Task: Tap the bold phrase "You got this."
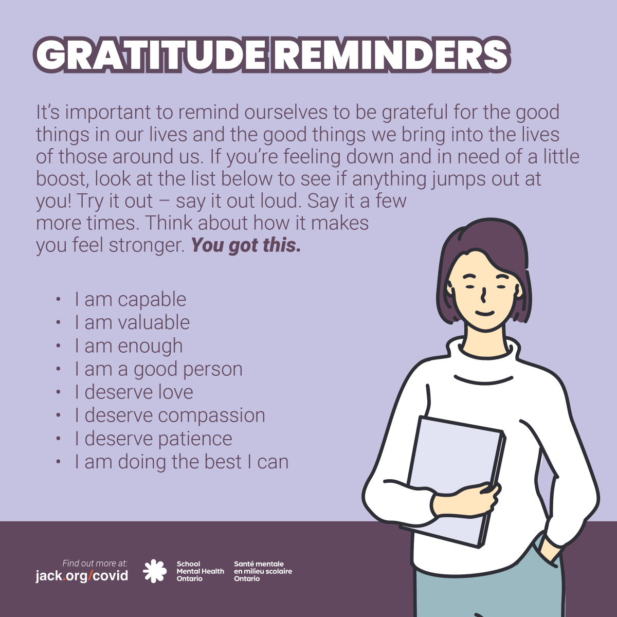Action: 246,245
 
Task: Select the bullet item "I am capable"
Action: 130,299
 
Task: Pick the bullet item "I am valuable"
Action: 132,322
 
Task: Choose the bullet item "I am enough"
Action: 129,346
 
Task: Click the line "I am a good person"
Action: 158,369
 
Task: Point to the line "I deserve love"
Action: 134,392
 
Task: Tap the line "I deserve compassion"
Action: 170,415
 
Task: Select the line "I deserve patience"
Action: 153,439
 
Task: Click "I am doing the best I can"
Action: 181,462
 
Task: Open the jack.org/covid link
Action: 82,575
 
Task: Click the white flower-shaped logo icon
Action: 155,571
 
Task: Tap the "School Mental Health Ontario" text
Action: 200,571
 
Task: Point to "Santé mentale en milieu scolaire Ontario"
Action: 263,571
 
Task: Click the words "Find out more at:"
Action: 95,564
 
